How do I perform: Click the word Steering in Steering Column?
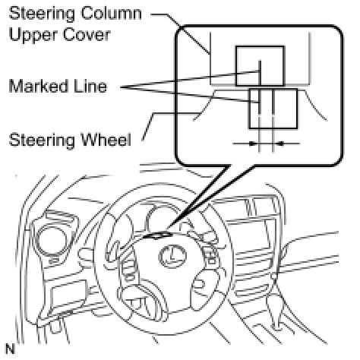41,14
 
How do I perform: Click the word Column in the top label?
111,13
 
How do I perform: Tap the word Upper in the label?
33,35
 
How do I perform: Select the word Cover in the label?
87,34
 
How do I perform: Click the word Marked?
38,86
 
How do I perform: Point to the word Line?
90,86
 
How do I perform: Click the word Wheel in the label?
106,140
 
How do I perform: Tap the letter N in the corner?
10,349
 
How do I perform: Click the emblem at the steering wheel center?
172,256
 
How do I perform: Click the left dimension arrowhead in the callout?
252,144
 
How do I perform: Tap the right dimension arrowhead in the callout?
280,144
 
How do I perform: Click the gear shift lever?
275,306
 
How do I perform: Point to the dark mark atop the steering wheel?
157,235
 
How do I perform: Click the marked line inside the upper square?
260,74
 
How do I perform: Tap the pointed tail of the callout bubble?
169,227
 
